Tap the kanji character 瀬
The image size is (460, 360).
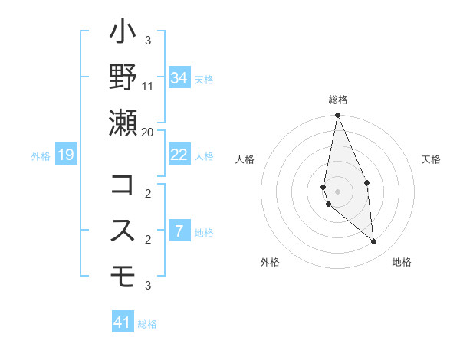point(123,123)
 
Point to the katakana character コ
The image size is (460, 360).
point(123,185)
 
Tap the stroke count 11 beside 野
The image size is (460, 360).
point(148,86)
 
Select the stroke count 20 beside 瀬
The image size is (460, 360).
point(147,132)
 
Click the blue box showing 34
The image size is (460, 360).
point(179,78)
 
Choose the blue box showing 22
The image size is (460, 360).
point(179,155)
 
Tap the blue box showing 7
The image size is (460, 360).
point(179,231)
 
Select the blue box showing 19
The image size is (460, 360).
point(66,155)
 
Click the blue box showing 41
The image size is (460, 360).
point(123,322)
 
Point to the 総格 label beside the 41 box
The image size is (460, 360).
point(147,324)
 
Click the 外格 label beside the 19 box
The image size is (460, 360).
point(41,156)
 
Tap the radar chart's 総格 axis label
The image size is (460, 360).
point(337,100)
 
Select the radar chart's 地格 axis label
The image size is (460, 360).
point(402,262)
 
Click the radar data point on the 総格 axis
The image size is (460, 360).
point(337,116)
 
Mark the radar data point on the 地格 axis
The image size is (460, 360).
point(374,242)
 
